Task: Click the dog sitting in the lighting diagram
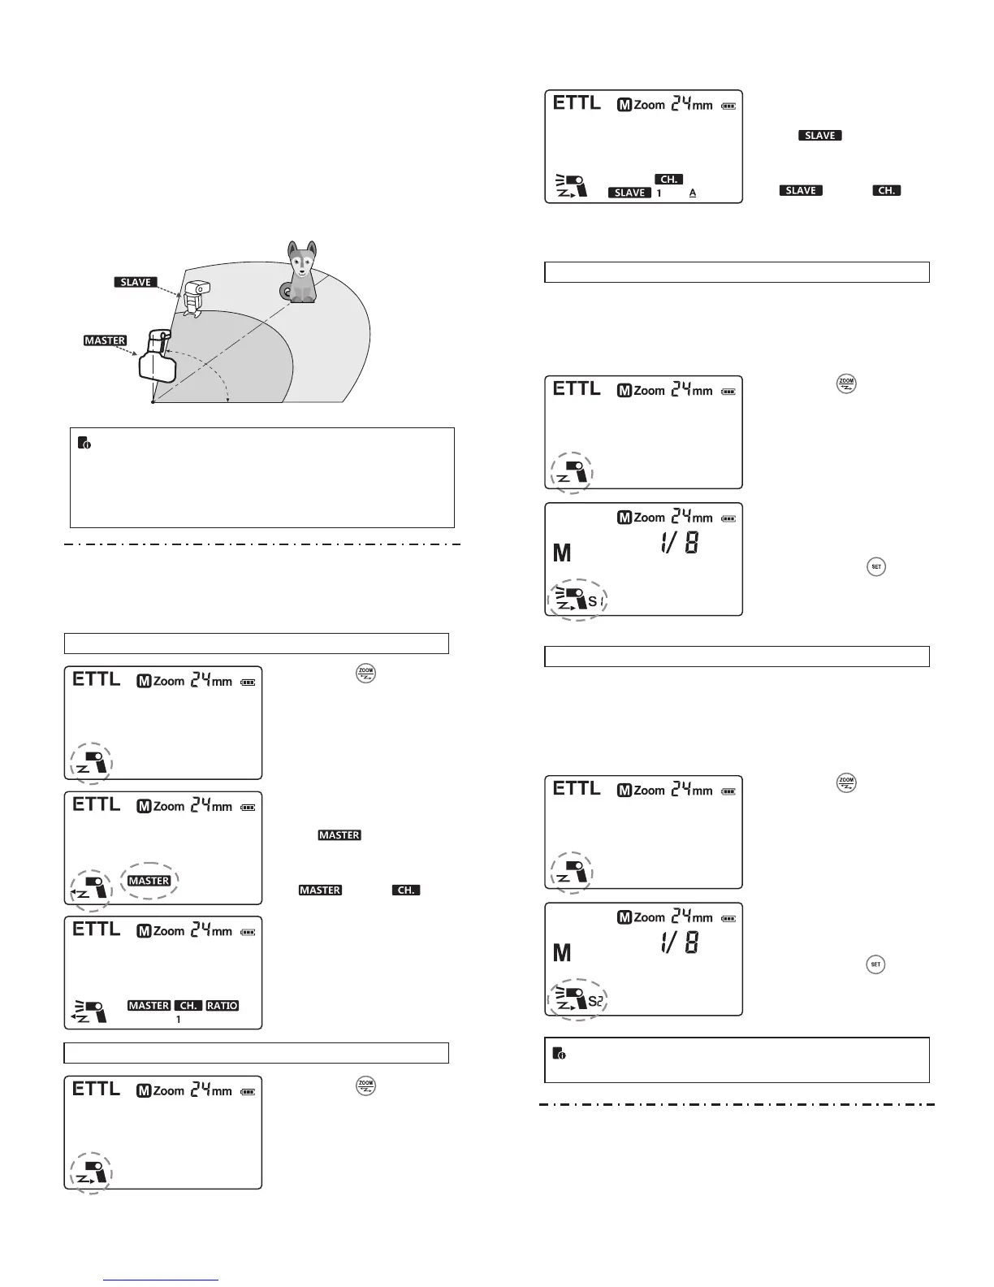point(301,274)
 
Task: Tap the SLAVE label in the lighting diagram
point(136,282)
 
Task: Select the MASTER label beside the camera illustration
point(105,340)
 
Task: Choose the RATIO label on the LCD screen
point(222,1006)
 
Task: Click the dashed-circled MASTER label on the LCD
point(149,881)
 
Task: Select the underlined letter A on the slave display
point(693,193)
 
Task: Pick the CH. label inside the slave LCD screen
point(668,179)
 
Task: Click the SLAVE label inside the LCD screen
point(630,193)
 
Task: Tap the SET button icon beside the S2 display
point(875,964)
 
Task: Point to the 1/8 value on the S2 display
point(679,942)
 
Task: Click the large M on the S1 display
point(562,553)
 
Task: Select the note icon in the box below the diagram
point(84,443)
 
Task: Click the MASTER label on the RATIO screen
point(149,1006)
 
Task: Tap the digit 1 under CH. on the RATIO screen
point(179,1019)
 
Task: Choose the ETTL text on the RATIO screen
point(96,929)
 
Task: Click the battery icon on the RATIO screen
point(248,932)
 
